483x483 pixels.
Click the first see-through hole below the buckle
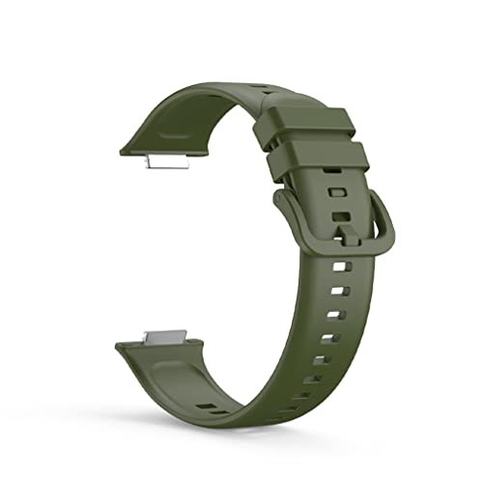(x=338, y=264)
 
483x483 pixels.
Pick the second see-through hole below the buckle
(x=334, y=290)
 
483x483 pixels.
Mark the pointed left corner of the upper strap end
(x=121, y=149)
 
